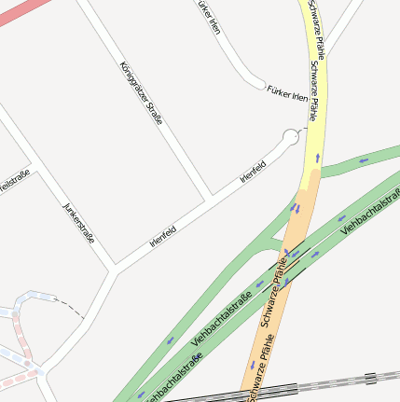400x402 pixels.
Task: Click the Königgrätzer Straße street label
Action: point(142,94)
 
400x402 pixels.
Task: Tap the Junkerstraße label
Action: point(78,223)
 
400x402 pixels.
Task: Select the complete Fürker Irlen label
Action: point(287,93)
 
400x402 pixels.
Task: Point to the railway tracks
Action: point(317,385)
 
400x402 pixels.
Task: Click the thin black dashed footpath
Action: point(68,306)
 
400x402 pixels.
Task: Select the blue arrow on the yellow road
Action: point(318,158)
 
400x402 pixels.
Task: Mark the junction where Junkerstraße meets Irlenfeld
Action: point(115,268)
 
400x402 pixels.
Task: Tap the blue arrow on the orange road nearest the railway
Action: point(252,365)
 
